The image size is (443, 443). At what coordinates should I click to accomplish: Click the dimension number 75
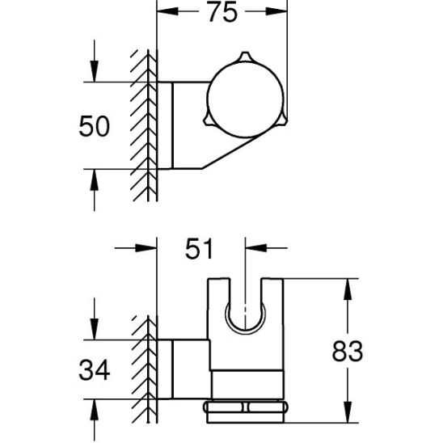tap(222, 12)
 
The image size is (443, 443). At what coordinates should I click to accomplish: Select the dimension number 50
tap(94, 126)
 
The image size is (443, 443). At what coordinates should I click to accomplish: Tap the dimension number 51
tap(199, 249)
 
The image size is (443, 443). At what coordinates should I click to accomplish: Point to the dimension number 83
tap(348, 351)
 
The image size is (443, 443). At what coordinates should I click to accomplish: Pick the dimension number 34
tap(94, 369)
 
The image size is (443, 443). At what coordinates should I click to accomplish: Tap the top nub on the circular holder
tap(245, 57)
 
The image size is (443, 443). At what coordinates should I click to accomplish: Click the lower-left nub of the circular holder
tap(208, 120)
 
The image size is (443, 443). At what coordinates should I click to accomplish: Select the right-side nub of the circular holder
tap(284, 119)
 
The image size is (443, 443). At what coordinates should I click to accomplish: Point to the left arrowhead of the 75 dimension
tap(167, 11)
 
